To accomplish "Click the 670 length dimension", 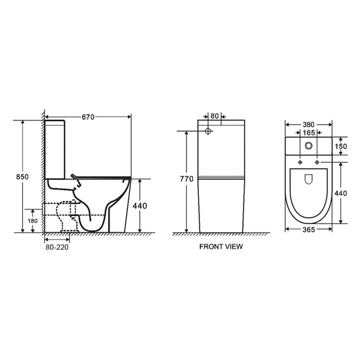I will coord(88,117).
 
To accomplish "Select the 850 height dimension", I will coord(22,177).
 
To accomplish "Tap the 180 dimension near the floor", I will coord(32,221).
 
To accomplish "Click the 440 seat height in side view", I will coord(140,206).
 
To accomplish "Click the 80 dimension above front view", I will coord(214,116).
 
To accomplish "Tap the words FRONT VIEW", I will coord(221,247).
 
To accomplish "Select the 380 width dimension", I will coord(308,125).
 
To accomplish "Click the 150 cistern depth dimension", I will coord(341,146).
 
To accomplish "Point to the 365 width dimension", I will coord(308,229).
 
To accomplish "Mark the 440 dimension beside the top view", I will coord(340,193).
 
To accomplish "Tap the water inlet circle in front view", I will coord(208,131).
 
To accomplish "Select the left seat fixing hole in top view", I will coord(301,162).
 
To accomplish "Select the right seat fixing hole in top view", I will coord(317,162).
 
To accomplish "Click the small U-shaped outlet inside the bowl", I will coord(309,179).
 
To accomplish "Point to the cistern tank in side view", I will coord(55,148).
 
